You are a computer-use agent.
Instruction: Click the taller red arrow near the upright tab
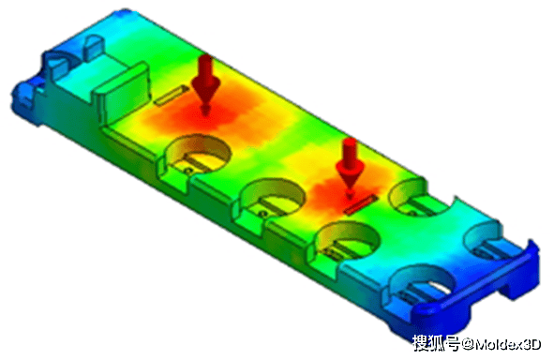point(204,80)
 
